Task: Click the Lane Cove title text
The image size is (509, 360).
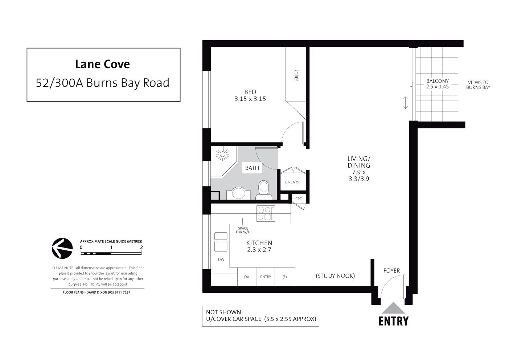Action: pyautogui.click(x=102, y=64)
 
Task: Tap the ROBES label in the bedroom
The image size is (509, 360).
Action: pyautogui.click(x=296, y=75)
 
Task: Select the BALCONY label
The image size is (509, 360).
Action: pyautogui.click(x=438, y=81)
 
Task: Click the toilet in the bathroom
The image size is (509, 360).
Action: pyautogui.click(x=264, y=190)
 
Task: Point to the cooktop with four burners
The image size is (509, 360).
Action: pyautogui.click(x=266, y=213)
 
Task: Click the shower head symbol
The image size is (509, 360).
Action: pyautogui.click(x=222, y=155)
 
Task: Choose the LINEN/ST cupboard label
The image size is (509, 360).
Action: pyautogui.click(x=293, y=182)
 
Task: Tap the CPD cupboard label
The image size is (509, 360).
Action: pyautogui.click(x=299, y=199)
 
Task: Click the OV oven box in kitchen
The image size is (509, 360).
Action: pyautogui.click(x=247, y=277)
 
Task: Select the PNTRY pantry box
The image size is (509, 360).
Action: pyautogui.click(x=266, y=277)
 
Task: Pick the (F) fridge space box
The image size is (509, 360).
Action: pyautogui.click(x=285, y=277)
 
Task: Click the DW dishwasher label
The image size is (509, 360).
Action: pyautogui.click(x=221, y=259)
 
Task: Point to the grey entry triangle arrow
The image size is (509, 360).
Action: pyautogui.click(x=393, y=308)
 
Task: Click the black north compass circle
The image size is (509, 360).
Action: pyautogui.click(x=62, y=249)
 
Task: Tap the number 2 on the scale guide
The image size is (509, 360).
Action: pyautogui.click(x=141, y=247)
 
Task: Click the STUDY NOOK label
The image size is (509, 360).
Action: pyautogui.click(x=335, y=276)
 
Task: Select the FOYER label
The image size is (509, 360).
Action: pyautogui.click(x=391, y=270)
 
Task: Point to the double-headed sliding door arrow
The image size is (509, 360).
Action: pyautogui.click(x=405, y=103)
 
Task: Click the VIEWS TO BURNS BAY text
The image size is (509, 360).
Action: pyautogui.click(x=478, y=85)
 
